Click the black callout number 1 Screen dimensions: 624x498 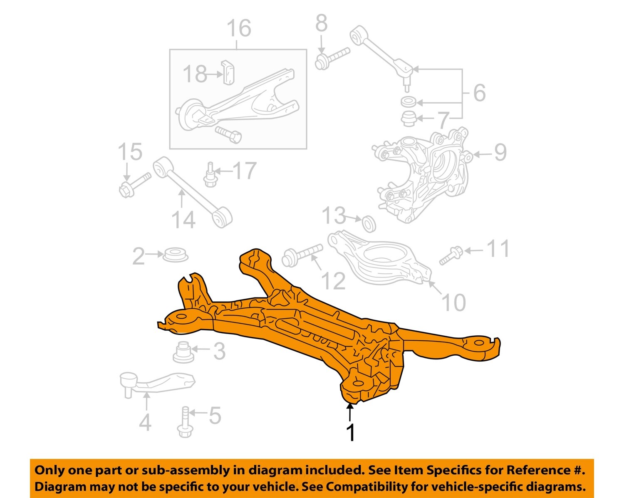(x=351, y=433)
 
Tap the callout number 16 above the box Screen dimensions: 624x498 (x=239, y=28)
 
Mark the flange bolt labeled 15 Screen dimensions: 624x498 (x=134, y=185)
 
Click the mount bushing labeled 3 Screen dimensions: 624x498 (x=183, y=352)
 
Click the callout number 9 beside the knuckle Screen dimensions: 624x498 (x=500, y=153)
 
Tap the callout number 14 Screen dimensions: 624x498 (x=183, y=220)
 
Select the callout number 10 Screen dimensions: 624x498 (x=453, y=302)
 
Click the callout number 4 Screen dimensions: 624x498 (x=145, y=422)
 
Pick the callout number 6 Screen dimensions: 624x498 (x=480, y=92)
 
